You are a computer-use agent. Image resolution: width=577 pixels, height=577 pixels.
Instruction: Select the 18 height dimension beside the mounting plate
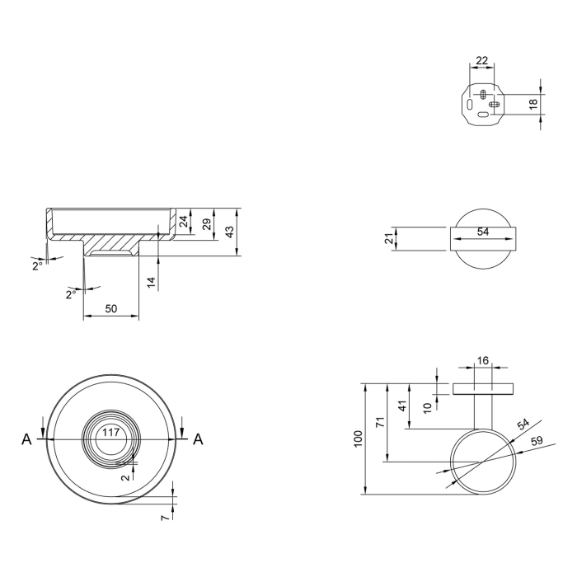coord(533,104)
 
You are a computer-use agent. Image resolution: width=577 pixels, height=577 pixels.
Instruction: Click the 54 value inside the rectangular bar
coord(483,232)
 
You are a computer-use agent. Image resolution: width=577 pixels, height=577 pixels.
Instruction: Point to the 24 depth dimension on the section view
coord(184,221)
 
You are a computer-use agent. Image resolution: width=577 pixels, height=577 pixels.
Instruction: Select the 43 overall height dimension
coord(232,232)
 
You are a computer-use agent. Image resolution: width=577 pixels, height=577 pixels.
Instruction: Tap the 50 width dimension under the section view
coord(110,308)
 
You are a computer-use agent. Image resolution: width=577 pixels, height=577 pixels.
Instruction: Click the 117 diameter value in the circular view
coord(110,432)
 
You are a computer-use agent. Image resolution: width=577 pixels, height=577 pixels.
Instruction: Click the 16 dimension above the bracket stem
coord(483,360)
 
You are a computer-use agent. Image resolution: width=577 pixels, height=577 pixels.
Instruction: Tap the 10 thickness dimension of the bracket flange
coord(427,407)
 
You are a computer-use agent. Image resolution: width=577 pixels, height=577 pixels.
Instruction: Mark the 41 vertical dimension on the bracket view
coord(403,406)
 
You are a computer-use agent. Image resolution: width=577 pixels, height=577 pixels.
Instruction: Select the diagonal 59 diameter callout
coord(537,442)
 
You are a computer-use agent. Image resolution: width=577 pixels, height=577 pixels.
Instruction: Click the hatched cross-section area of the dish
coord(111,244)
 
